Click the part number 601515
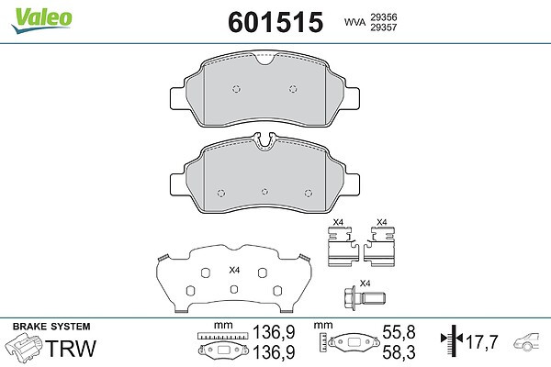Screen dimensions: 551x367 pyautogui.click(x=275, y=22)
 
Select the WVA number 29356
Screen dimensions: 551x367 pyautogui.click(x=384, y=17)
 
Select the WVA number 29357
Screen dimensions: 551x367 pyautogui.click(x=384, y=27)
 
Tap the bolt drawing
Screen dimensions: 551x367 pyautogui.click(x=365, y=298)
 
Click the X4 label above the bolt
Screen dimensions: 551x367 pyautogui.click(x=365, y=284)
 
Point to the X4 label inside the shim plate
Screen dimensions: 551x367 pyautogui.click(x=234, y=270)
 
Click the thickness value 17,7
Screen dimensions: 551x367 pyautogui.click(x=482, y=341)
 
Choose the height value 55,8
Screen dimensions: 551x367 pyautogui.click(x=399, y=332)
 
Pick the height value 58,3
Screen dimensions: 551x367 pyautogui.click(x=399, y=352)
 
